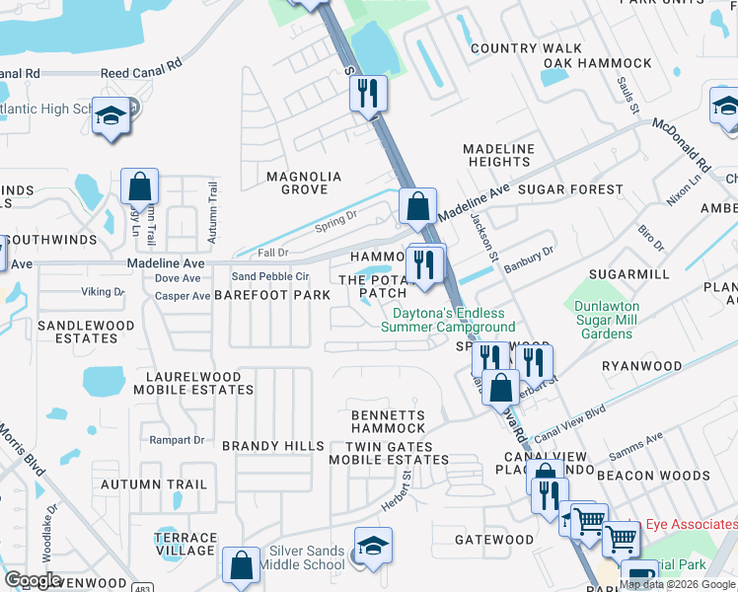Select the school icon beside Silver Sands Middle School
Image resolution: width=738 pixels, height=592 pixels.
(373, 547)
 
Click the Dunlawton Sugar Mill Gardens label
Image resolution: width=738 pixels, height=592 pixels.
(607, 320)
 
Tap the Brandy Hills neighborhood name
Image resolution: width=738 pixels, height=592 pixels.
(273, 446)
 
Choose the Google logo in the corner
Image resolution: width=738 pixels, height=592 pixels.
(33, 580)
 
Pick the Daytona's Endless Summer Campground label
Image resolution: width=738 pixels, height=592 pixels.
(448, 320)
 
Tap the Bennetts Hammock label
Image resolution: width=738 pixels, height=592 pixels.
(389, 421)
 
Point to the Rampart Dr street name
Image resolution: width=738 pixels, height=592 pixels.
(177, 440)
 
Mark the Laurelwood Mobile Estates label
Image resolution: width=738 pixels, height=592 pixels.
(199, 383)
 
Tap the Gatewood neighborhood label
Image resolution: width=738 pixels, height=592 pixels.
(494, 540)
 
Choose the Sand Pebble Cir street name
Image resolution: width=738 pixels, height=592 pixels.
(270, 276)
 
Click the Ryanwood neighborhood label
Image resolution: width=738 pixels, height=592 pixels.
(641, 366)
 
